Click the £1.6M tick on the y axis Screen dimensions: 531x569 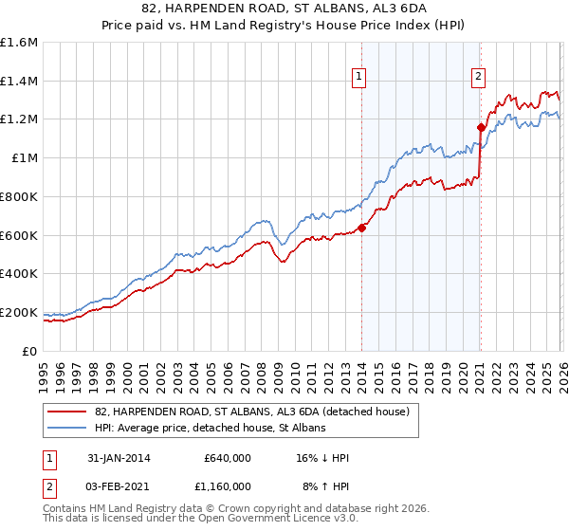point(19,43)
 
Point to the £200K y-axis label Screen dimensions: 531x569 point(19,312)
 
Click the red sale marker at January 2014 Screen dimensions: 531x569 point(361,227)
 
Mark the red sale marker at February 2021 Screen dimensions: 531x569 point(481,126)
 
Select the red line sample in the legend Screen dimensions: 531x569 point(67,412)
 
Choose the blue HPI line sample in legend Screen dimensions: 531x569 point(67,429)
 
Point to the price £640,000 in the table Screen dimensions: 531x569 point(227,458)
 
